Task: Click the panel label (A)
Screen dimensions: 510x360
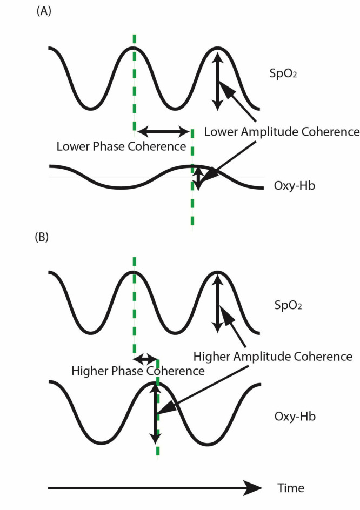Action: (43, 12)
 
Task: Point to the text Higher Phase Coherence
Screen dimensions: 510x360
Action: (138, 371)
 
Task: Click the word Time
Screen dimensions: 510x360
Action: (291, 488)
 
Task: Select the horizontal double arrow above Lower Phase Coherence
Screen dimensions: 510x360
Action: (163, 130)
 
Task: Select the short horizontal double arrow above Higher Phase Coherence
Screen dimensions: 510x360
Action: (145, 358)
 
